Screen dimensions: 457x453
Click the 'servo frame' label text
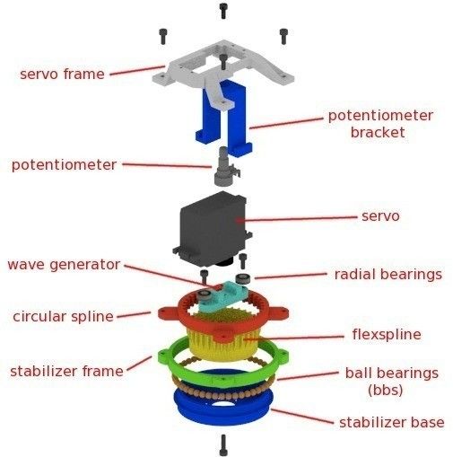point(62,74)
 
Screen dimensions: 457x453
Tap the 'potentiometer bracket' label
point(379,124)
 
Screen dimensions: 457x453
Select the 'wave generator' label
point(64,265)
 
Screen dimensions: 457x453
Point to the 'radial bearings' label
point(388,274)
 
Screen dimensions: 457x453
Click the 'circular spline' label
point(63,316)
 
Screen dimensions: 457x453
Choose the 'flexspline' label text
point(387,335)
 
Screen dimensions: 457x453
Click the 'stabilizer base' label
point(390,422)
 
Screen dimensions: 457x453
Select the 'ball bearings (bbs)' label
point(392,381)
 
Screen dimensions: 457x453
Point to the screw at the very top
point(223,11)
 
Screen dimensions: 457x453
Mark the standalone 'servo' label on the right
point(379,216)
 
